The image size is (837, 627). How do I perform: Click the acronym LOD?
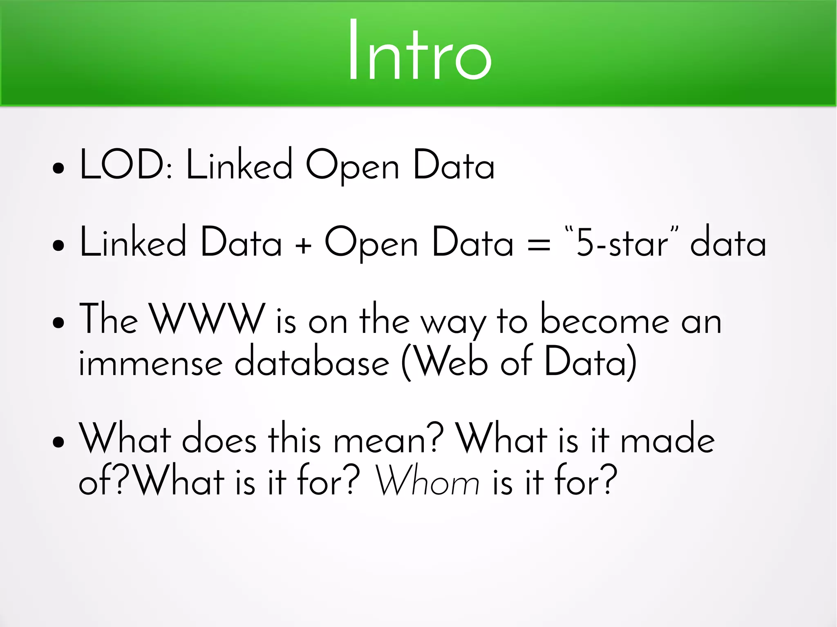point(122,164)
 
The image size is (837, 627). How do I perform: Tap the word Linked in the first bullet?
point(239,164)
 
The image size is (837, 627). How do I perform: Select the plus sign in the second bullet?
point(303,245)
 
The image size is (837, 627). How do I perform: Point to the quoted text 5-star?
point(621,243)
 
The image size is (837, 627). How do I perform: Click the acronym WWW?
point(208,319)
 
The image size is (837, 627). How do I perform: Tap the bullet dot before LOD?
point(59,168)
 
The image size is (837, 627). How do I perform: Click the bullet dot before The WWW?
point(59,322)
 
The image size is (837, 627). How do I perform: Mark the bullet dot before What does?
point(59,442)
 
